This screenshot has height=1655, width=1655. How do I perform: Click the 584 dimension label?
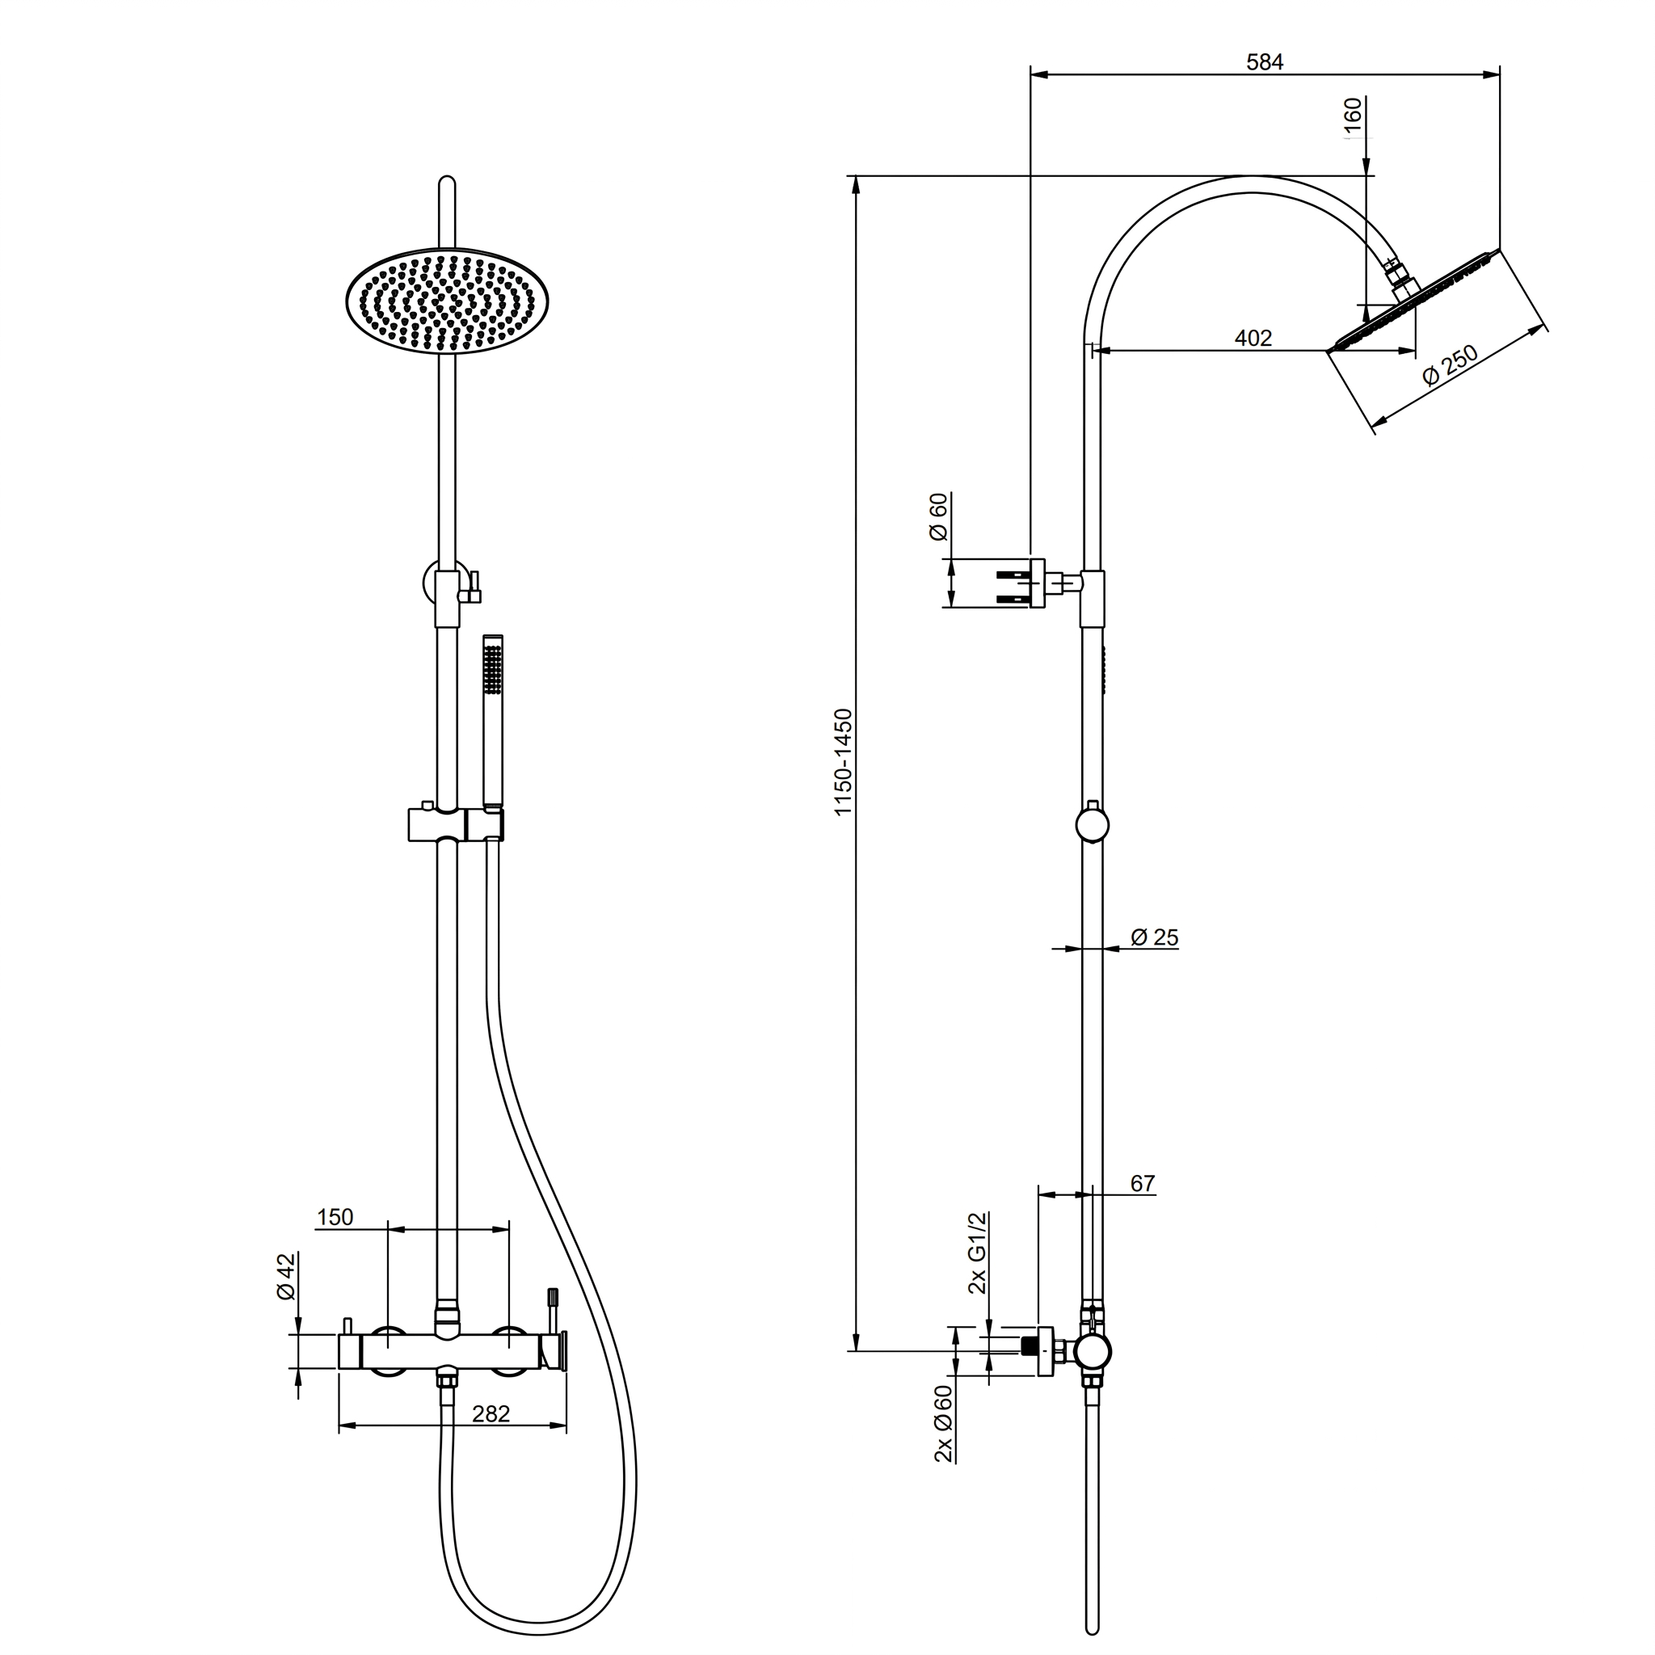tap(1265, 62)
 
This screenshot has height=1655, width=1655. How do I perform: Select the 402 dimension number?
tap(1253, 339)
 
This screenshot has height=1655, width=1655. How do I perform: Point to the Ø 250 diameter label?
tap(1451, 365)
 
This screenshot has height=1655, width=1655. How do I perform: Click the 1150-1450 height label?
tap(844, 762)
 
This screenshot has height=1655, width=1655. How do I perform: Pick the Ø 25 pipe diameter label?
tap(1155, 938)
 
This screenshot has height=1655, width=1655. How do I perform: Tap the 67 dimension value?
tap(1143, 1184)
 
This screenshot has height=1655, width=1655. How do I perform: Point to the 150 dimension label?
tap(335, 1217)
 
